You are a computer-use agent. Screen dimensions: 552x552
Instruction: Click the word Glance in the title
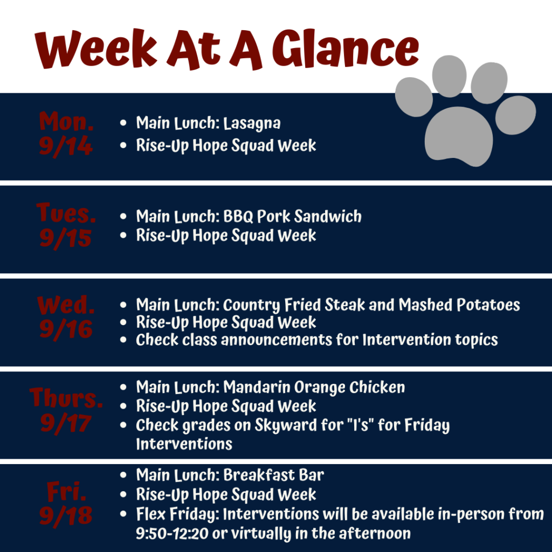point(346,48)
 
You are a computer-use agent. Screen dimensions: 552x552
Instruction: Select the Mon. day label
point(66,121)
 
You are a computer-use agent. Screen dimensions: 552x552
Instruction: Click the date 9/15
point(65,238)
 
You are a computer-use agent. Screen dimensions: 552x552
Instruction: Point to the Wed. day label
point(66,305)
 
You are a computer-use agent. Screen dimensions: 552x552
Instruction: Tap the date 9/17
point(66,423)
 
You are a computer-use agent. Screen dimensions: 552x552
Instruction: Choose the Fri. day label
point(66,492)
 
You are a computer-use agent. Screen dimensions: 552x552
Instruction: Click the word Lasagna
point(252,123)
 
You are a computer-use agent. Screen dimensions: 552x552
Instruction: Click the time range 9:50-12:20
point(172,534)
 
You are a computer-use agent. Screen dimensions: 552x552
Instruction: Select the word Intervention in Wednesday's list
point(407,340)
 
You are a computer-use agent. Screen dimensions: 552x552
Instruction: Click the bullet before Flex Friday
point(123,514)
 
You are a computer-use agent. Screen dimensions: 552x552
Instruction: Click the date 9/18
point(66,515)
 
